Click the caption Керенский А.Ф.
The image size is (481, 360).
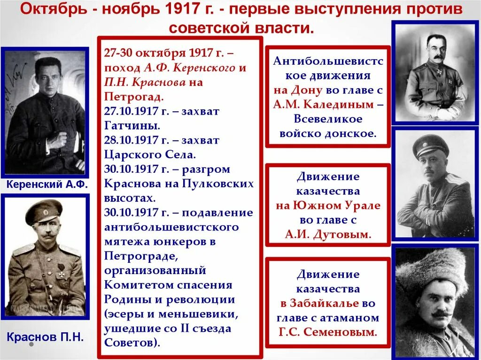click(47, 184)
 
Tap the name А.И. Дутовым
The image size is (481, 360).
click(328, 234)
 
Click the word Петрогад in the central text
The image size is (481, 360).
click(133, 97)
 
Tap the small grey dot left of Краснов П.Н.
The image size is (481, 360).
click(31, 344)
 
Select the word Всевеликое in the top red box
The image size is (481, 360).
click(328, 119)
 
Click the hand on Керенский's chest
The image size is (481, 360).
click(58, 141)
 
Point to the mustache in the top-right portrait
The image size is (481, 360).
click(437, 58)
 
